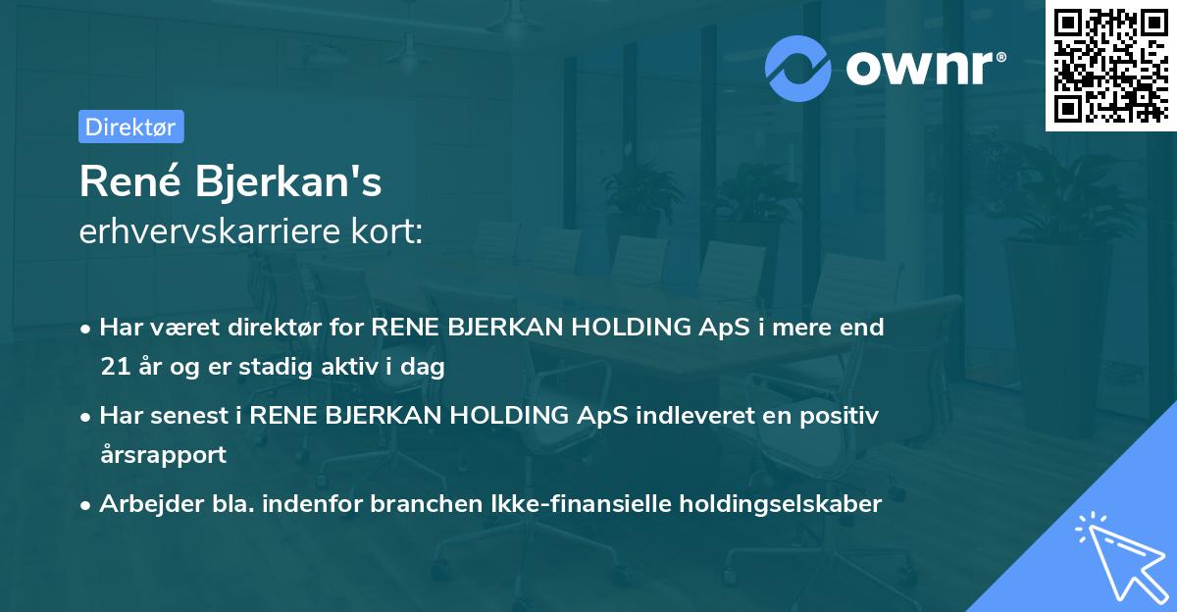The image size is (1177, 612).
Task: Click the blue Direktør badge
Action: tap(130, 127)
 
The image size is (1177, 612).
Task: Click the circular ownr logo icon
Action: tap(798, 68)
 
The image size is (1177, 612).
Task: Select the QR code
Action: tap(1110, 65)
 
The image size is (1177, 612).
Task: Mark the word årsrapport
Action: tap(163, 454)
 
